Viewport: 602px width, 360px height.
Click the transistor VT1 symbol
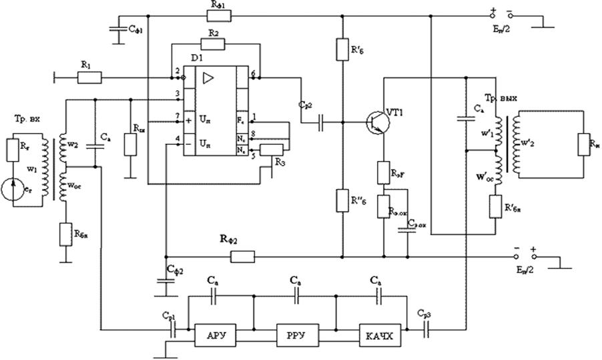[x=375, y=122]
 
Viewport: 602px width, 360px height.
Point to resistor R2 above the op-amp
[x=214, y=44]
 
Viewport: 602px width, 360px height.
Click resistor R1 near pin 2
[x=89, y=78]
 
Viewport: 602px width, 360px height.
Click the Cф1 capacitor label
[x=135, y=30]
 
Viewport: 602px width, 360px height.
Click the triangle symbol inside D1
[x=208, y=78]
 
